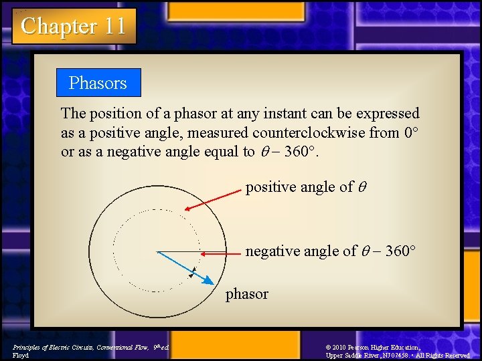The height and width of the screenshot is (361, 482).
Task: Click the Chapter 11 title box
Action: [x=74, y=26]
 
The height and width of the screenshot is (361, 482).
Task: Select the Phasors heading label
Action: [x=98, y=83]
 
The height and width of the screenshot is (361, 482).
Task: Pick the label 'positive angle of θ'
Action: [x=299, y=187]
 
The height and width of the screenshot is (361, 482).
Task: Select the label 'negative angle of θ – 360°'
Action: [x=331, y=251]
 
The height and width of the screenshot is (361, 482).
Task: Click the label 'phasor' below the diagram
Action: [x=246, y=294]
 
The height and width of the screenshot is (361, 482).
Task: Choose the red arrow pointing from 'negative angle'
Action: [x=221, y=254]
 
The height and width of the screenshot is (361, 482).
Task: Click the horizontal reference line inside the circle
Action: [x=178, y=252]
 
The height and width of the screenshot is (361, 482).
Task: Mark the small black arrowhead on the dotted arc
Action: [x=191, y=273]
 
